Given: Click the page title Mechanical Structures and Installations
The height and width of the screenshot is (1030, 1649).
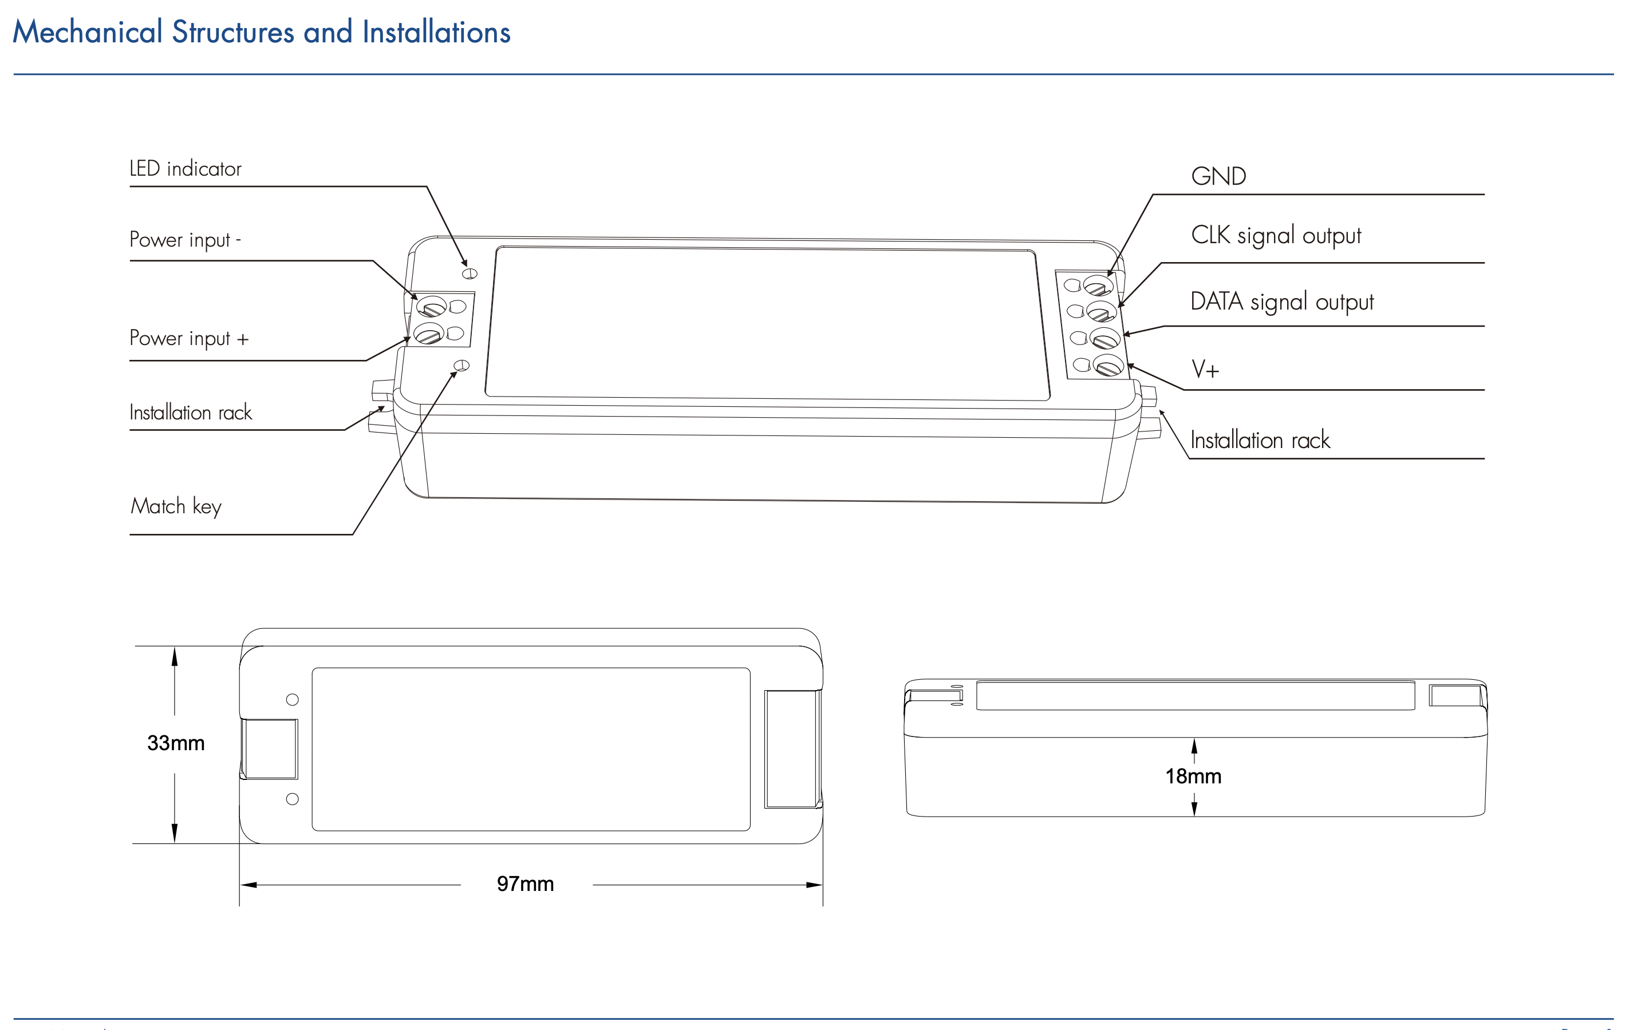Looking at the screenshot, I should (262, 32).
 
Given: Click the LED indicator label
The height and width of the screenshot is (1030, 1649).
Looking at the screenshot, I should (186, 168).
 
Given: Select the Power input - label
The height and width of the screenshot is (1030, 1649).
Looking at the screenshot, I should (185, 240).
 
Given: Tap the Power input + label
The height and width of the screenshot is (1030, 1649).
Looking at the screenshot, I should (189, 339).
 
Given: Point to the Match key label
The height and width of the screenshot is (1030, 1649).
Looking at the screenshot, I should (176, 506).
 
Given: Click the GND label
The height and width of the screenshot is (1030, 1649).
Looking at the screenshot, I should (1218, 176).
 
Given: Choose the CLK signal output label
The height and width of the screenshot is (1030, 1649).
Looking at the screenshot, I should (1276, 235).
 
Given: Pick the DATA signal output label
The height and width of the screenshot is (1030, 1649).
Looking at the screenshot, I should (1282, 301).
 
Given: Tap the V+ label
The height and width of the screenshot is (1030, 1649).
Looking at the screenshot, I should (1205, 369).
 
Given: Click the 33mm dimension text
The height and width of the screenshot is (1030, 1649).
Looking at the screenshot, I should (176, 743).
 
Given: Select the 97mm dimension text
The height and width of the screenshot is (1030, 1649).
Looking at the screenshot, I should (524, 884).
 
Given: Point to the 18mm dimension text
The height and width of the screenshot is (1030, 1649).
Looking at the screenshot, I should (1193, 776).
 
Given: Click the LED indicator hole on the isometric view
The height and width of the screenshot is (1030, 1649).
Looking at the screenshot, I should (470, 274).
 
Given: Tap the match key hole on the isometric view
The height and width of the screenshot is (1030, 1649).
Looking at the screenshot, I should (461, 366).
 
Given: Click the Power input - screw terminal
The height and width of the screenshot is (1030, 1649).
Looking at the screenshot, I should (431, 307).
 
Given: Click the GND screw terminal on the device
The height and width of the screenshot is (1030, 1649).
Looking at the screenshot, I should (1098, 286).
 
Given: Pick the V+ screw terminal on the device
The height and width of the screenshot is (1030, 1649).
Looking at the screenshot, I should (1108, 365).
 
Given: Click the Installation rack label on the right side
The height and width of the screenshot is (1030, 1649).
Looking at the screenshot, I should (1260, 440).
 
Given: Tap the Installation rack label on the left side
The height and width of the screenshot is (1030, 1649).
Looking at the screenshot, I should (191, 412).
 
